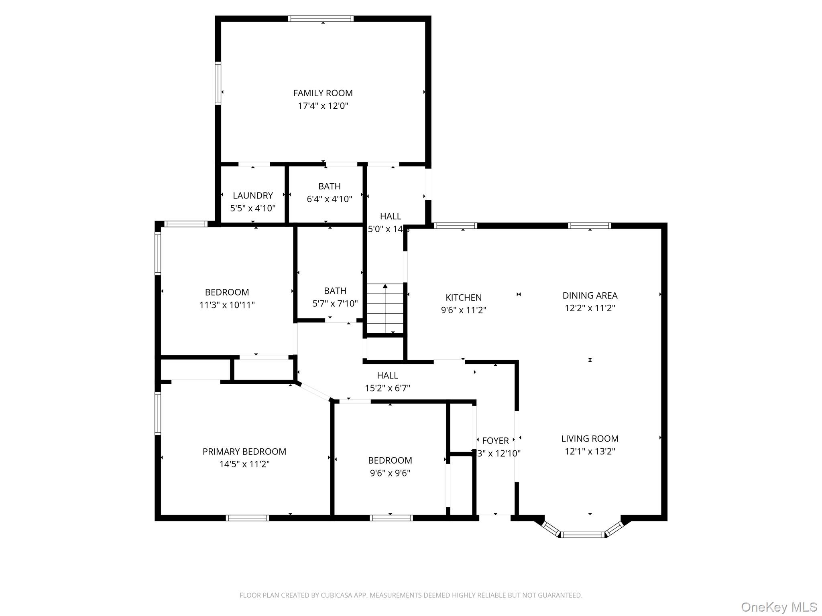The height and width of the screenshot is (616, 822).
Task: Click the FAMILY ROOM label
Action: [x=323, y=93]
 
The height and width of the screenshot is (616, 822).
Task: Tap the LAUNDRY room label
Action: [x=252, y=195]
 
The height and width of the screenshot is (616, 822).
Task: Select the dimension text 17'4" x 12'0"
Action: [x=323, y=106]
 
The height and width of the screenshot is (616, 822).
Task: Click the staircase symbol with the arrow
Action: [x=385, y=308]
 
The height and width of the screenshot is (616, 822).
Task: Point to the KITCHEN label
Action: [x=464, y=298]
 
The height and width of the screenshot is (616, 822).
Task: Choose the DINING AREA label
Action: [x=590, y=296]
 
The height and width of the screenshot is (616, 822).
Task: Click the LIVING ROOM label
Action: [x=590, y=439]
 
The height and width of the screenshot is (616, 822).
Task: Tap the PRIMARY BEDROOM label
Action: [x=244, y=452]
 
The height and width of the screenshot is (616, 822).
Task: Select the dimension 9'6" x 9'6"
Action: [x=390, y=473]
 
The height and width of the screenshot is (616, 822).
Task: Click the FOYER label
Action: [x=495, y=441]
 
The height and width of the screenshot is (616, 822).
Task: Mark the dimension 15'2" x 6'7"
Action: [x=387, y=388]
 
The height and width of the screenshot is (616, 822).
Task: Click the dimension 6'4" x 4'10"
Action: [x=329, y=199]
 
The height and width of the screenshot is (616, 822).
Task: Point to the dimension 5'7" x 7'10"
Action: [x=335, y=304]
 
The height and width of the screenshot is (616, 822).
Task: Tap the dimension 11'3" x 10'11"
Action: [x=227, y=305]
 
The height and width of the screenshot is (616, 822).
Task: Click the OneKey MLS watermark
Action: [x=779, y=607]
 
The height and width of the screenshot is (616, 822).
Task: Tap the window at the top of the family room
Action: [x=321, y=18]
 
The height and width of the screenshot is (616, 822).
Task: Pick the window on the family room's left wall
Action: [x=218, y=83]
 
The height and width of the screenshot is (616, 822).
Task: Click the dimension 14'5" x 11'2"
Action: [x=244, y=464]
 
